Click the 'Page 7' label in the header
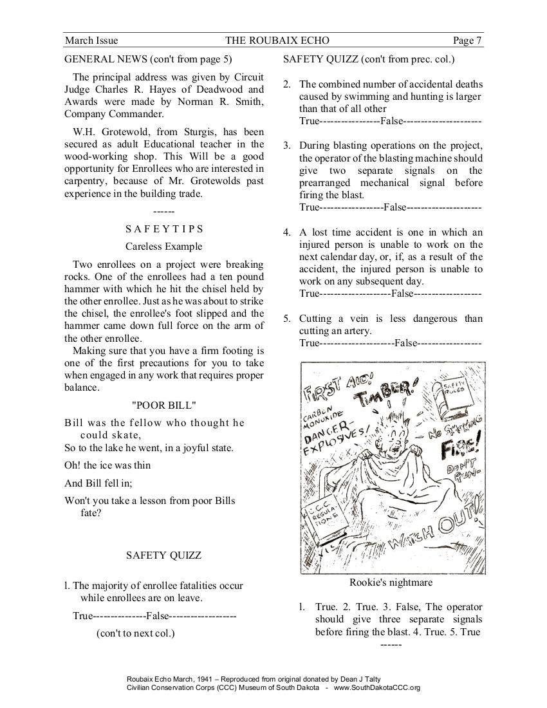point(467,41)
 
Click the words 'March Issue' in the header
point(91,41)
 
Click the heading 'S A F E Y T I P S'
point(164,228)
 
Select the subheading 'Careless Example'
point(164,246)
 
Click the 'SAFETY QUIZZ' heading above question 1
point(163,555)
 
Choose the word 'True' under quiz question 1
point(83,616)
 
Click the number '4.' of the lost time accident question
point(288,232)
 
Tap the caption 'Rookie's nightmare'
point(391,582)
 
